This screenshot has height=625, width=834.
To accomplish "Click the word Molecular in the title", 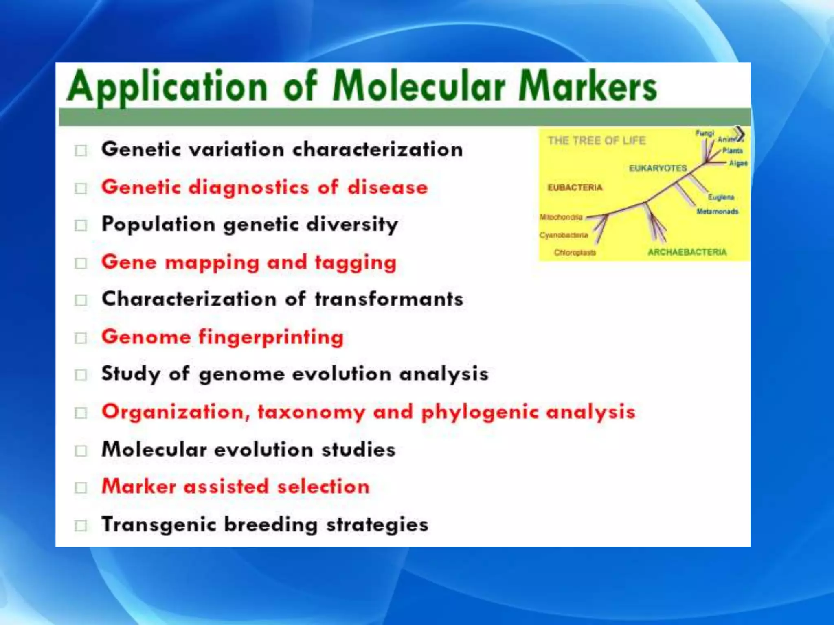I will coord(419,86).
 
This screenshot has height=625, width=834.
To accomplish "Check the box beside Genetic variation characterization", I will coord(81,151).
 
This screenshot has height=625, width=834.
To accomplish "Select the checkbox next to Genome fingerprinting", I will coord(81,338).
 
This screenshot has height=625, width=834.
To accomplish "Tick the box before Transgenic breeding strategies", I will coord(81,525).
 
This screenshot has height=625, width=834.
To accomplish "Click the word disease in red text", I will coord(387,188).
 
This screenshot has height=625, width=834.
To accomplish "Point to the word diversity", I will coord(352,225).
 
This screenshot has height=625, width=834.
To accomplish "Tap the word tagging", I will coord(356,262).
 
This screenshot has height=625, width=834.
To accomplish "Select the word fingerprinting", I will coord(271,337).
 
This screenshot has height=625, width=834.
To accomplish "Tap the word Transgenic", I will coord(158,524).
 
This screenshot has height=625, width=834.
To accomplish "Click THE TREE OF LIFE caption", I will coord(597,141).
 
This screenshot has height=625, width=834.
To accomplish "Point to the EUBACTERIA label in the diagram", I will coord(575,188).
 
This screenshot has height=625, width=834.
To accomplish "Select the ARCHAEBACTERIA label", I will coord(687,252).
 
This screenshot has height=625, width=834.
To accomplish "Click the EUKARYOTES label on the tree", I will coord(658,168).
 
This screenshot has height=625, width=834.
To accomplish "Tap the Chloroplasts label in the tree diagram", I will coord(575,253).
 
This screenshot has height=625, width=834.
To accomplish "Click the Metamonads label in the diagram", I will coord(717,212).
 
